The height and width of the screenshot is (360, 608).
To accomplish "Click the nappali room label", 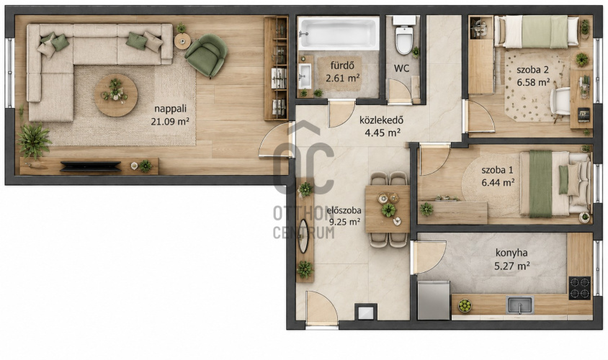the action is (171, 109).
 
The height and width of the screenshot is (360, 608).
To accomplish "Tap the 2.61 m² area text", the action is (342, 78).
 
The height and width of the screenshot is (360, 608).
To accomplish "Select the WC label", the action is (401, 68).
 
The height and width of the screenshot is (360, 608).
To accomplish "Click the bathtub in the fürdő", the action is (338, 33).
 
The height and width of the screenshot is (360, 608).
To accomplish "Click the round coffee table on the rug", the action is (116, 95).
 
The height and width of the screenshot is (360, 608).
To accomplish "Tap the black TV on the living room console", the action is (90, 166).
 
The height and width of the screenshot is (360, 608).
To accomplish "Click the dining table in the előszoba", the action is (388, 209).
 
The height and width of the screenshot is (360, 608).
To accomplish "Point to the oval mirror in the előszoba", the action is (303, 236).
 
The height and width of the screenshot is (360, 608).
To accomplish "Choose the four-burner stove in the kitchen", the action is (580, 288).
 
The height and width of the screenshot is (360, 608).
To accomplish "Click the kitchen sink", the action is (519, 305).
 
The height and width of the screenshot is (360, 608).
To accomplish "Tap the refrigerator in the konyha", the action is (434, 300).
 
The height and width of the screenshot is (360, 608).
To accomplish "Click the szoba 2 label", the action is (533, 70).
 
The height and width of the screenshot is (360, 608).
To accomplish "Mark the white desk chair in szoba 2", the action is (560, 101).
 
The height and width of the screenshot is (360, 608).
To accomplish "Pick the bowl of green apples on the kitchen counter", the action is (465, 306).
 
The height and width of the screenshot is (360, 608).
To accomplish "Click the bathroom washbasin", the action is (305, 76).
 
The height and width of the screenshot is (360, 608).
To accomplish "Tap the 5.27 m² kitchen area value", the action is (512, 266).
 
